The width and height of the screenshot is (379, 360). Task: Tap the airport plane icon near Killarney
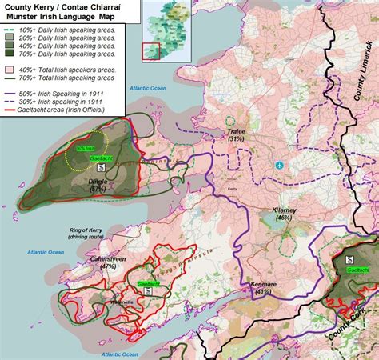[278, 166]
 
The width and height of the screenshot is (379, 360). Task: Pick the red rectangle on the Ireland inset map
[150, 50]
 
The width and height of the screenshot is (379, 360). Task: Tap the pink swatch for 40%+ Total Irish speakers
[13, 70]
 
